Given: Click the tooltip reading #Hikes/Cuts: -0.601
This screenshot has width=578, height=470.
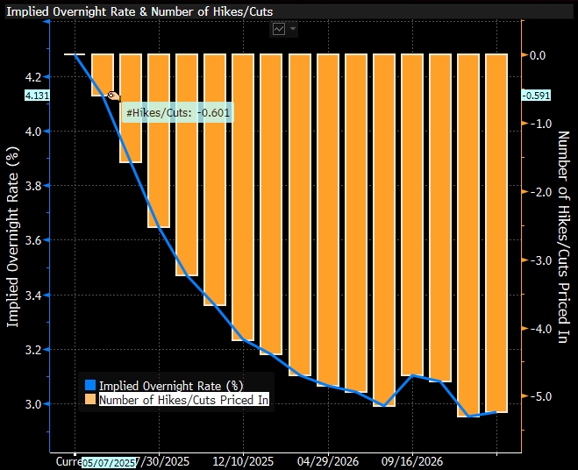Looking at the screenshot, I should pyautogui.click(x=178, y=113).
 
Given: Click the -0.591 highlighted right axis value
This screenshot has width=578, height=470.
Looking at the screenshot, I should pyautogui.click(x=536, y=95).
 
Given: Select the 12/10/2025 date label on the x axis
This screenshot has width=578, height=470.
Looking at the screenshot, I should pyautogui.click(x=244, y=460).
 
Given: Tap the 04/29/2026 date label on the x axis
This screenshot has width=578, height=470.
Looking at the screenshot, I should pyautogui.click(x=328, y=460).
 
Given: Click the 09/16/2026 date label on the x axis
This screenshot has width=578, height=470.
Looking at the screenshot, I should pyautogui.click(x=412, y=460).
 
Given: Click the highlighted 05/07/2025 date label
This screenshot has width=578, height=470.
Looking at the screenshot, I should pyautogui.click(x=110, y=462).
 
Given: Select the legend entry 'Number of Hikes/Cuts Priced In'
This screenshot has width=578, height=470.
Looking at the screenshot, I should pyautogui.click(x=183, y=400).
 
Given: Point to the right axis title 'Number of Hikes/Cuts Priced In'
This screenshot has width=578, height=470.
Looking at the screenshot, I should pyautogui.click(x=563, y=237).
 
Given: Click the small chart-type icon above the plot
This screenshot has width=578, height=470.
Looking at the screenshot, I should pyautogui.click(x=280, y=29).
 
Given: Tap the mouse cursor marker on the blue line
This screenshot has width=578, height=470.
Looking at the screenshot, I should pyautogui.click(x=112, y=96).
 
